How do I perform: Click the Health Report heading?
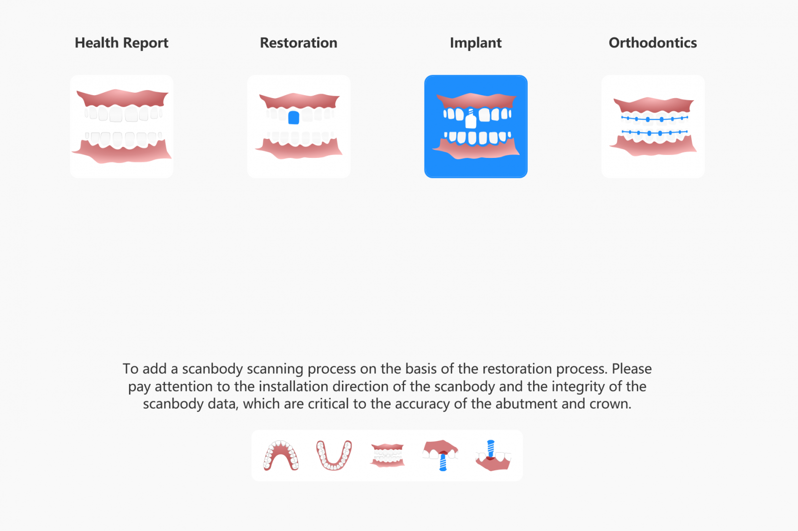click(x=122, y=43)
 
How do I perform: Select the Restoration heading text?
click(x=299, y=43)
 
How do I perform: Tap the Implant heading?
click(x=476, y=43)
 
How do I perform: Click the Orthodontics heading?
click(x=653, y=43)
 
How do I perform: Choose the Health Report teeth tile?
click(x=122, y=127)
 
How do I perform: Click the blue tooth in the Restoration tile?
click(x=294, y=118)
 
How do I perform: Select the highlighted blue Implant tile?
click(x=476, y=127)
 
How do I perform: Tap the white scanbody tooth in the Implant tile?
click(x=471, y=119)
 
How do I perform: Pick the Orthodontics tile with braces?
click(x=653, y=127)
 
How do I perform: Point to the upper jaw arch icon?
click(x=281, y=456)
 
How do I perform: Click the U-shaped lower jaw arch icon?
click(x=334, y=456)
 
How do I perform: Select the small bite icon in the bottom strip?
click(x=387, y=455)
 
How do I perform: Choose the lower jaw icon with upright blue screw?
click(x=493, y=456)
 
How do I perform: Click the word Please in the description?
click(x=631, y=369)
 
